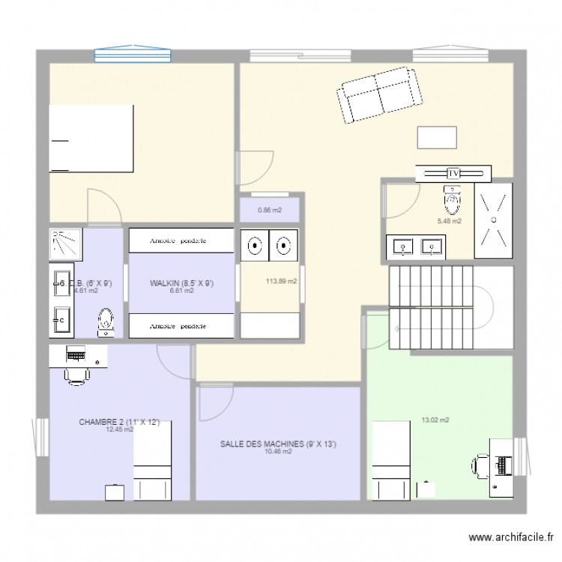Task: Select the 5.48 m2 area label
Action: coord(450,221)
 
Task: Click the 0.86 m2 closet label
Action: coord(270,211)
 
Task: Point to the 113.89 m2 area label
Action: coord(281,282)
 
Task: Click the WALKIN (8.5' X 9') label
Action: coord(182,283)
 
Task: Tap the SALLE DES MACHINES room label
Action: coord(278,444)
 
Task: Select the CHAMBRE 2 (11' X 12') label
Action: coord(119,423)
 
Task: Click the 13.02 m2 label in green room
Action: coord(435,420)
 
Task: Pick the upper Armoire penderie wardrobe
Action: coord(181,241)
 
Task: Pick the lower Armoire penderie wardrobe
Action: coord(181,326)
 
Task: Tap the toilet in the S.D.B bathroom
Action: coord(106,322)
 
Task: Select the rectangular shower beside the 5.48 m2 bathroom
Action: coord(493,220)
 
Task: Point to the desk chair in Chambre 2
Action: coord(76,374)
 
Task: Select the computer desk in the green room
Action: coord(501,465)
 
